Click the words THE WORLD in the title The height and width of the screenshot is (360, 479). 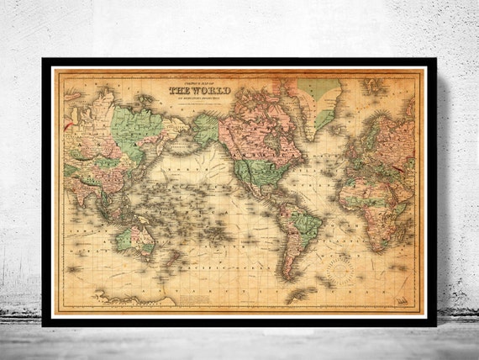coord(200,91)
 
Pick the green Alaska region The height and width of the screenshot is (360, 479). coord(204,129)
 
